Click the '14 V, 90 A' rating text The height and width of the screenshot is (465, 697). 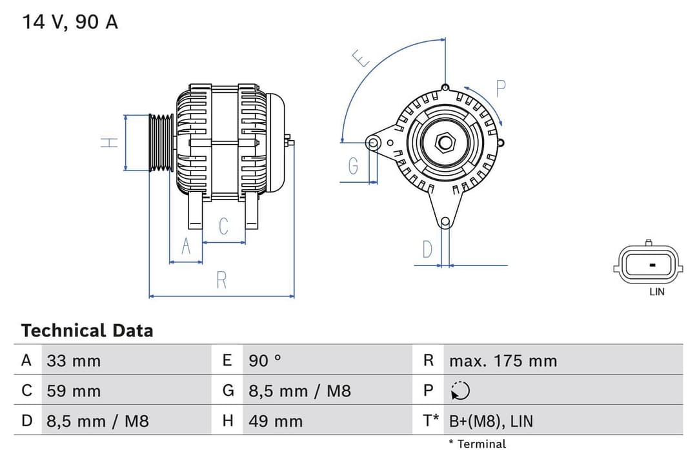[x=70, y=22]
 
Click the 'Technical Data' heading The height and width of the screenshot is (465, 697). [x=87, y=331]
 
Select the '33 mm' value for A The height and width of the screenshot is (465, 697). [x=74, y=360]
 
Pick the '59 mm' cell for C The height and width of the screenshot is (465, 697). [x=74, y=391]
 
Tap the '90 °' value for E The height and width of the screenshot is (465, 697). [x=265, y=360]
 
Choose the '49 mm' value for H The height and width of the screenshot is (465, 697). [x=276, y=421]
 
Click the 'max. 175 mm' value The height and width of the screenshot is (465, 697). [x=503, y=360]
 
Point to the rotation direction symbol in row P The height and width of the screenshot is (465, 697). [x=460, y=391]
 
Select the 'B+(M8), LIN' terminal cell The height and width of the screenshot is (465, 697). [x=491, y=421]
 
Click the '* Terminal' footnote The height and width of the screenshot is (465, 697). [x=477, y=444]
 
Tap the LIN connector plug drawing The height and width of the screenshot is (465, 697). [x=648, y=265]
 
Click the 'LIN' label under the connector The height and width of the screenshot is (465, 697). [x=656, y=292]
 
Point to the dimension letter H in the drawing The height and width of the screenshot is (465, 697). [x=110, y=142]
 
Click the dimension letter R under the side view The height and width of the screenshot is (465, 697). [x=221, y=280]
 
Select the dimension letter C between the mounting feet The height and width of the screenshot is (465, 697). [x=224, y=227]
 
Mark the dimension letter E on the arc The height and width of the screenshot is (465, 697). [x=362, y=59]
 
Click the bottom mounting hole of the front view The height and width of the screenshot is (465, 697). [x=445, y=222]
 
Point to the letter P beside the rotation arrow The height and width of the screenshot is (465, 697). [x=500, y=88]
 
